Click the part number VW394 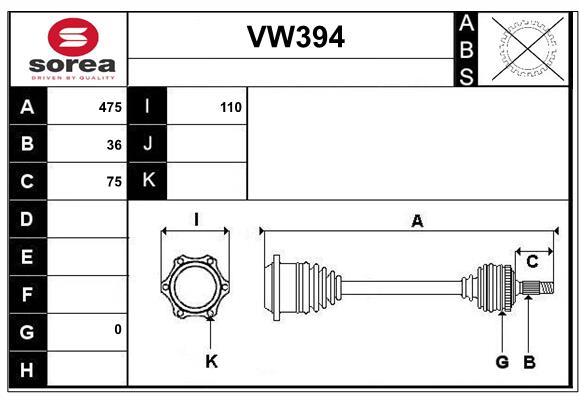pyautogui.click(x=296, y=37)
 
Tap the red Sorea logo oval pyautogui.click(x=73, y=37)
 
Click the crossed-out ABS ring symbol pyautogui.click(x=528, y=48)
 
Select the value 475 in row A pyautogui.click(x=110, y=107)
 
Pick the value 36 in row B pyautogui.click(x=114, y=145)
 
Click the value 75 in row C pyautogui.click(x=114, y=182)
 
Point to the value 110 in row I pyautogui.click(x=231, y=107)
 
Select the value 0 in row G pyautogui.click(x=118, y=329)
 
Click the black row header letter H pyautogui.click(x=27, y=369)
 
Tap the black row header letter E pyautogui.click(x=27, y=256)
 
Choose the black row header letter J pyautogui.click(x=148, y=144)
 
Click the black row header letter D pyautogui.click(x=27, y=219)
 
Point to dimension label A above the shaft pyautogui.click(x=417, y=221)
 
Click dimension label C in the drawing pyautogui.click(x=532, y=262)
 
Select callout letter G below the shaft pyautogui.click(x=502, y=362)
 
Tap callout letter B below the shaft pyautogui.click(x=529, y=362)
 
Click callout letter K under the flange pyautogui.click(x=212, y=361)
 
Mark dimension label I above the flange pyautogui.click(x=196, y=219)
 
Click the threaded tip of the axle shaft pyautogui.click(x=547, y=288)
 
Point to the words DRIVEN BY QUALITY pyautogui.click(x=73, y=78)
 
